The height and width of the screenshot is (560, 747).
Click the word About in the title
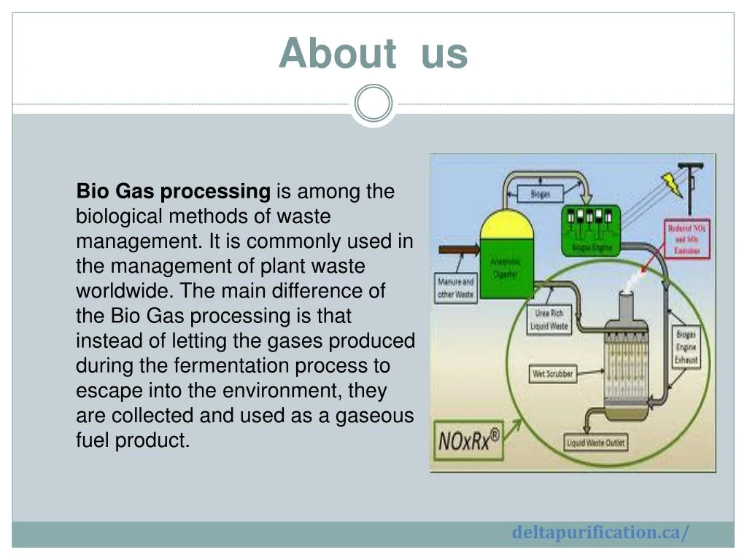pyautogui.click(x=336, y=53)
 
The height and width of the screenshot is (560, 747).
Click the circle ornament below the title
pyautogui.click(x=373, y=104)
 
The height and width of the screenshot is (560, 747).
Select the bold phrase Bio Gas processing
pyautogui.click(x=174, y=192)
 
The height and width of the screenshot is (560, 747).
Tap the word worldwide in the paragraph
pyautogui.click(x=125, y=291)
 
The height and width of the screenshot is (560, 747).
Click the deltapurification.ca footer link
pyautogui.click(x=600, y=532)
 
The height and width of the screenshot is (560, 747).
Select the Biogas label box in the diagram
pyautogui.click(x=540, y=193)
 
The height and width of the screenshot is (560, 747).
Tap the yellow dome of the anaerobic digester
pyautogui.click(x=508, y=225)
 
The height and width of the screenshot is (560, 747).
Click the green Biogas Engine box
pyautogui.click(x=591, y=229)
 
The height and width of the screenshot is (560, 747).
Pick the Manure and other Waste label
pyautogui.click(x=455, y=288)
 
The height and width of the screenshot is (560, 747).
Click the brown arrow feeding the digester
pyautogui.click(x=458, y=250)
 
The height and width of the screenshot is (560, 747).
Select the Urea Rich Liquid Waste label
pyautogui.click(x=549, y=320)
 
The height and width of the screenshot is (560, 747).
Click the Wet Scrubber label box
pyautogui.click(x=553, y=374)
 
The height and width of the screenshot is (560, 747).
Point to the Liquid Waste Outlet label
pyautogui.click(x=596, y=443)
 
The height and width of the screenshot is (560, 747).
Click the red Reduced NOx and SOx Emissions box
pyautogui.click(x=686, y=239)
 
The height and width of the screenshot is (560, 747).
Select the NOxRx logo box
pyautogui.click(x=469, y=440)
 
